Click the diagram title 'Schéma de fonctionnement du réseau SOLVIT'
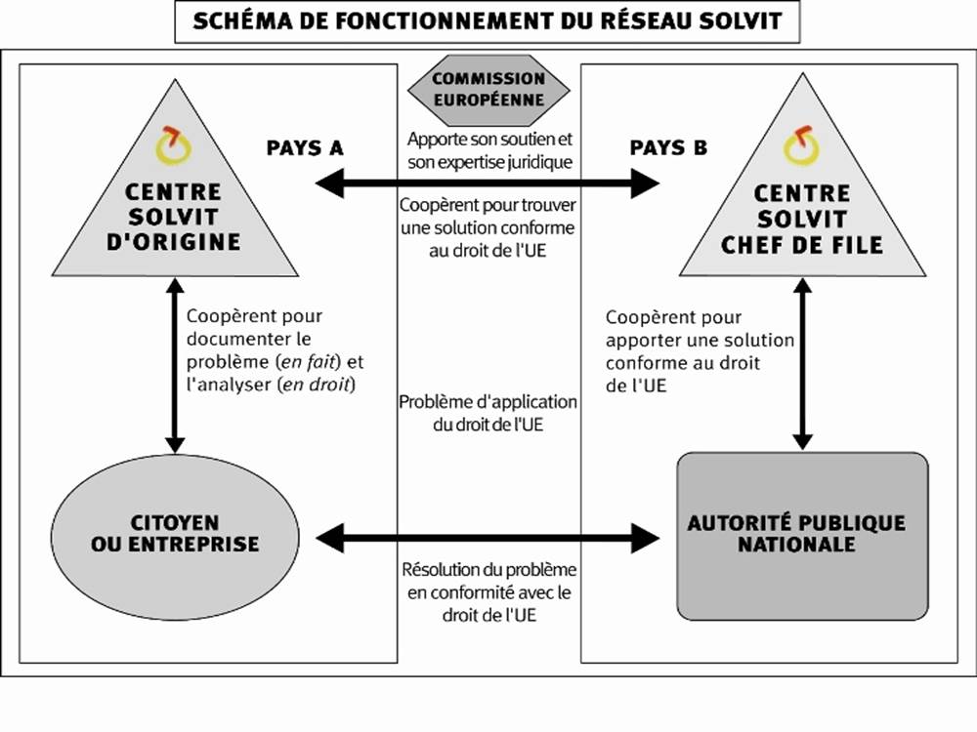pos(488,21)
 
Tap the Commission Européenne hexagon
pos(488,88)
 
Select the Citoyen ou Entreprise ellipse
pos(176,533)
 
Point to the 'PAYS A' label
pos(304,148)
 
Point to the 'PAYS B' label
pos(668,148)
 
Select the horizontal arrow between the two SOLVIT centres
pos(488,182)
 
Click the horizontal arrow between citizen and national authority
pos(488,536)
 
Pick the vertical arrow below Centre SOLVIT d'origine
pos(176,366)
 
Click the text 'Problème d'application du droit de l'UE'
pos(488,414)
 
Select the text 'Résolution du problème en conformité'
pos(488,581)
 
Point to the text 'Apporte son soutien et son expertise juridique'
pos(488,149)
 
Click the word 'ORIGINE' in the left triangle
pos(185,240)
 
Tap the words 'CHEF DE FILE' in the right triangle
pos(802,243)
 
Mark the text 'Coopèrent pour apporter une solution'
pos(700,330)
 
